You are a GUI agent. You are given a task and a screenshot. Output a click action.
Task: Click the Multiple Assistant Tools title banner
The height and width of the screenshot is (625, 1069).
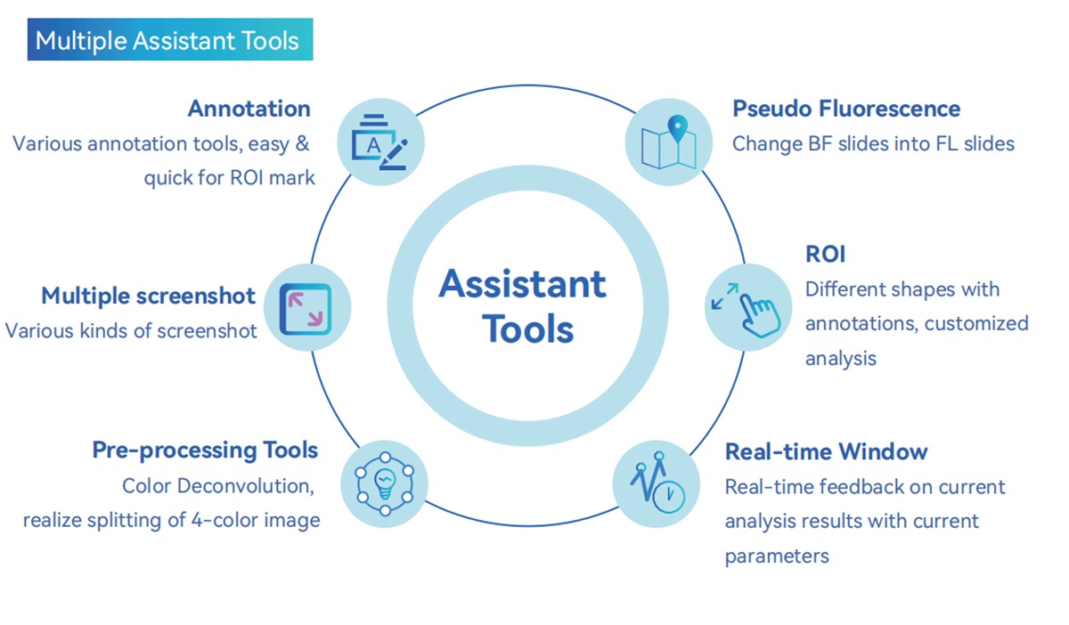(169, 41)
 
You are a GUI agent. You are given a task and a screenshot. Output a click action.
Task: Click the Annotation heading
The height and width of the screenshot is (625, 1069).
(249, 109)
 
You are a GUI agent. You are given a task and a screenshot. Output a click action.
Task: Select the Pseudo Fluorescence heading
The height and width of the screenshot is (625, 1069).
(846, 109)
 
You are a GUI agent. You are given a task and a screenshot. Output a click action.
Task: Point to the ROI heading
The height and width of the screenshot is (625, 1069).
(825, 254)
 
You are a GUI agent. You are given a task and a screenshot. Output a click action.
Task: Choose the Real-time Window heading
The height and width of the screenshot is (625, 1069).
(826, 451)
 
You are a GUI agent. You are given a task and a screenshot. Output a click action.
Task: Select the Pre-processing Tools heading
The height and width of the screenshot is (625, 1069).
(205, 450)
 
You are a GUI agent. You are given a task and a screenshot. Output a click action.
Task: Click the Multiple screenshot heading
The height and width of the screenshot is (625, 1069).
(148, 296)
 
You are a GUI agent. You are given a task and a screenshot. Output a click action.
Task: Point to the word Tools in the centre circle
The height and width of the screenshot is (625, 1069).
(527, 329)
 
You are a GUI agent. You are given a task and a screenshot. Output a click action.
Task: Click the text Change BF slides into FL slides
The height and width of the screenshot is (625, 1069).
(873, 143)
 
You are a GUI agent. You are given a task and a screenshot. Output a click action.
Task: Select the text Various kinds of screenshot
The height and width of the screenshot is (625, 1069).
(131, 330)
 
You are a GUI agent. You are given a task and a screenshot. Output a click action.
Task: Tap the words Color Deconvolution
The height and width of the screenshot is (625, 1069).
(219, 486)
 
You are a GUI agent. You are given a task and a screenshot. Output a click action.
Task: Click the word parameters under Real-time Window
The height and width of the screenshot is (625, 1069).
(777, 556)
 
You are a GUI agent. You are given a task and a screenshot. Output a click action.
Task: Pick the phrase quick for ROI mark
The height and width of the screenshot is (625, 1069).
(230, 178)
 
